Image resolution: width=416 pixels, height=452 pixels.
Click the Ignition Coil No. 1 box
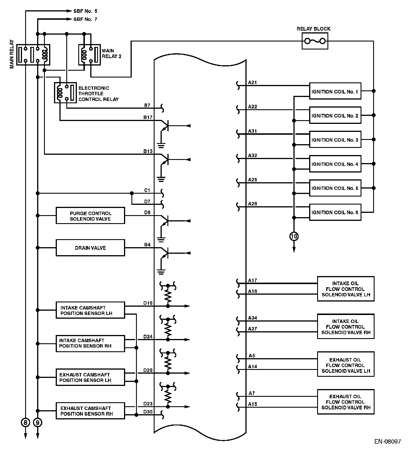[x=335, y=91]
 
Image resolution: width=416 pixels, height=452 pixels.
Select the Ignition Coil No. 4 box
[x=335, y=164]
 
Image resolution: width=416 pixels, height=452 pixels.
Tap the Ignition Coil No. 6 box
[x=335, y=212]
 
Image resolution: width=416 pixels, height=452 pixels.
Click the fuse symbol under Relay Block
[x=315, y=41]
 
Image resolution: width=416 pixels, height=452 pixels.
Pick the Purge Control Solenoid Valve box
[x=90, y=216]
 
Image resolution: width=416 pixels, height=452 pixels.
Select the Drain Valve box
[x=90, y=248]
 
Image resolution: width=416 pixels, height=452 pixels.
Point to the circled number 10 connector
[x=294, y=236]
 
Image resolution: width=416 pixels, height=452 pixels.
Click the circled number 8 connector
[x=25, y=422]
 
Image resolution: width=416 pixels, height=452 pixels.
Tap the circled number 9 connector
[x=38, y=422]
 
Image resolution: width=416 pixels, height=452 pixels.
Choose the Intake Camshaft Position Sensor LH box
[x=90, y=310]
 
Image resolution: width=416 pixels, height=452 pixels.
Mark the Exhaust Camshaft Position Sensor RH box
[x=90, y=411]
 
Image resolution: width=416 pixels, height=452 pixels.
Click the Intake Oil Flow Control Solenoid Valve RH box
[x=346, y=326]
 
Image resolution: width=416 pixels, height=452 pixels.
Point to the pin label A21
[x=253, y=82]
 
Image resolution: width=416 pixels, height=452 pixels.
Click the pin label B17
[x=148, y=117]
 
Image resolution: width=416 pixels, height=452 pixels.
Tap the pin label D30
[x=148, y=412]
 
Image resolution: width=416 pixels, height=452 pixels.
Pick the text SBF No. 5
[x=85, y=11]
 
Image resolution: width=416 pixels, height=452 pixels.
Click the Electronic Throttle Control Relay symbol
[x=65, y=92]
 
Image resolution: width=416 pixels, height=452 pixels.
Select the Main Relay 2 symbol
[x=89, y=55]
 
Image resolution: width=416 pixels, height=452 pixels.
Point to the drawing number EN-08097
[x=388, y=441]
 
